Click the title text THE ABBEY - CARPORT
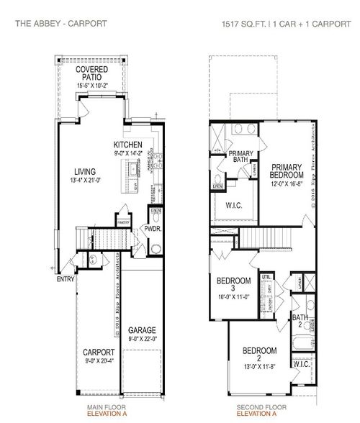pos(61,23)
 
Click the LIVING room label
pos(84,171)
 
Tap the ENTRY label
pos(66,278)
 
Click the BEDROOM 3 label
pos(233,284)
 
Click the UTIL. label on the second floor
pos(266,276)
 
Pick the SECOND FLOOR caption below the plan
pos(256,407)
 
